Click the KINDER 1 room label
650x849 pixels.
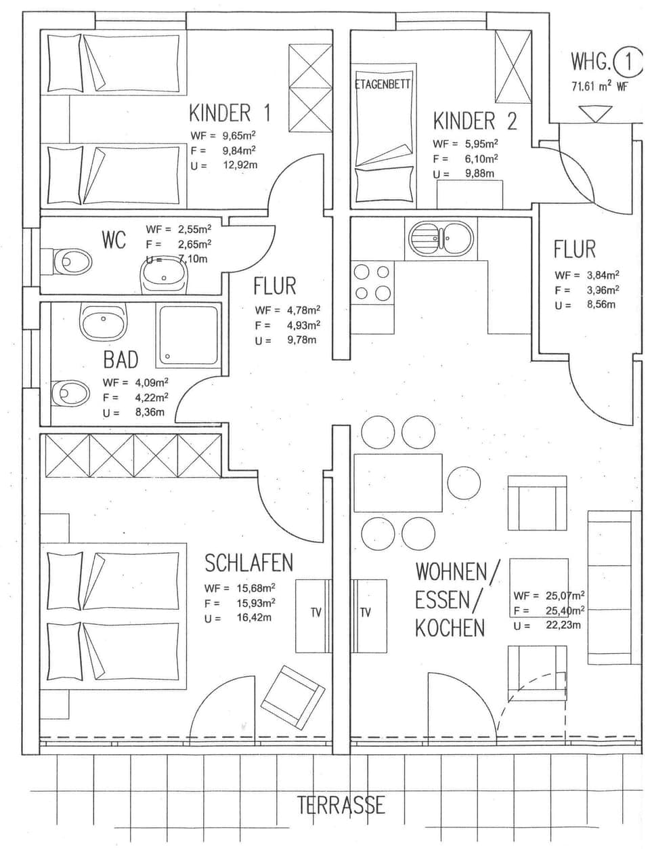(x=230, y=112)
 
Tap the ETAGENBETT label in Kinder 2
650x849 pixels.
(x=383, y=85)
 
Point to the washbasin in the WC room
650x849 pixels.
(x=163, y=275)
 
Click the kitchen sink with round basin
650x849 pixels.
(x=441, y=239)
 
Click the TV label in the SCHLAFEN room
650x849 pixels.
(x=316, y=613)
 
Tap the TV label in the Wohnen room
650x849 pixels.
(x=366, y=613)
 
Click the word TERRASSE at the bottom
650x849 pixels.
(x=341, y=805)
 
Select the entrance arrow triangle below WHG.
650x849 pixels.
(x=596, y=114)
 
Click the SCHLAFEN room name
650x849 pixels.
(x=248, y=563)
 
